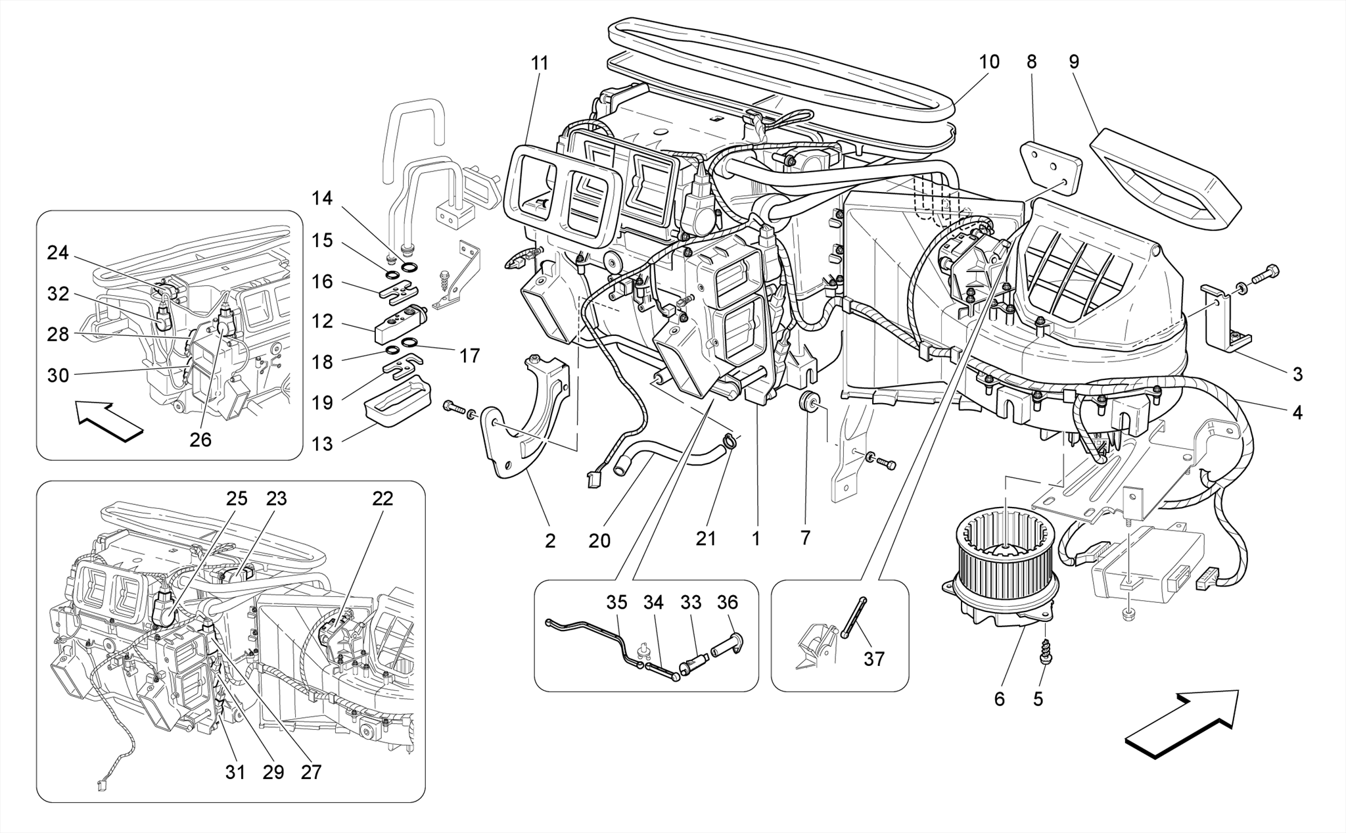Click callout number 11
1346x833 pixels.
point(540,64)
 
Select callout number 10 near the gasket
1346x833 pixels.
point(988,62)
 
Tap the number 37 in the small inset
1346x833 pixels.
point(874,659)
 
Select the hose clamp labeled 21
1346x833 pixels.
point(728,440)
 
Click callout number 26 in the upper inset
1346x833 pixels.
point(200,440)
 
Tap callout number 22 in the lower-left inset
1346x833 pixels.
point(383,499)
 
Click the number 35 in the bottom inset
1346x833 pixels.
point(616,602)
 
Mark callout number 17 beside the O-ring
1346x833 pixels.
point(469,356)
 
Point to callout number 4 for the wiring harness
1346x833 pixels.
point(1297,413)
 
